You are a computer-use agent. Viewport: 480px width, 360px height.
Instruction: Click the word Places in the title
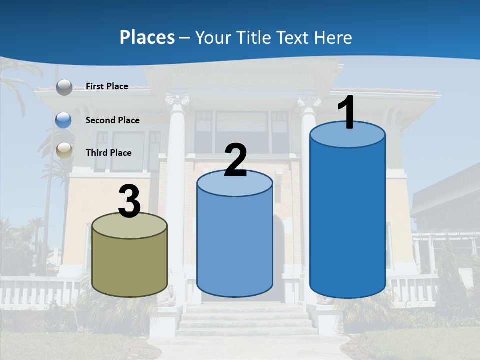pos(147,37)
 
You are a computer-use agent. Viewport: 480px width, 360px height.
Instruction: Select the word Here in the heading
pos(333,37)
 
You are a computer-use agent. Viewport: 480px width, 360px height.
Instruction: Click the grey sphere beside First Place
pos(64,87)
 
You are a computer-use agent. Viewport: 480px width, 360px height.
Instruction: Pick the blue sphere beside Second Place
pos(64,120)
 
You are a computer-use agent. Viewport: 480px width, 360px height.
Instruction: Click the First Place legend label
pos(107,86)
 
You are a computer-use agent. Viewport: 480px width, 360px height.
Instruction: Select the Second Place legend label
pos(112,120)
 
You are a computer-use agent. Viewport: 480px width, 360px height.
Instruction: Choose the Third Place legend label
pos(108,153)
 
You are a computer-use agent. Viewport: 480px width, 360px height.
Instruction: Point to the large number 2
pos(235,160)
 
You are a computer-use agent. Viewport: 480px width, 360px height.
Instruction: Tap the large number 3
pos(129,201)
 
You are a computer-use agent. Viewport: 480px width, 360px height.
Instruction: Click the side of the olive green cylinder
pos(130,265)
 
